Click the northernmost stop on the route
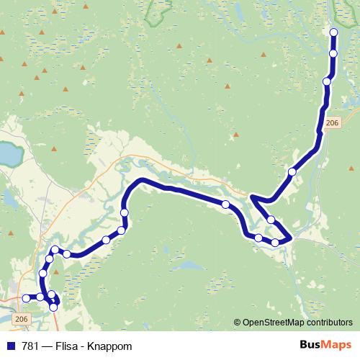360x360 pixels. pyautogui.click(x=333, y=32)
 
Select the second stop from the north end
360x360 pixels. pyautogui.click(x=333, y=53)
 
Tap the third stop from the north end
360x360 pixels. pyautogui.click(x=327, y=81)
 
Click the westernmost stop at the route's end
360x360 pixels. pyautogui.click(x=26, y=298)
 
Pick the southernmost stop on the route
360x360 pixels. pyautogui.click(x=53, y=307)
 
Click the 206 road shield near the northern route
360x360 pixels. pyautogui.click(x=331, y=124)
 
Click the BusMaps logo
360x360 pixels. pyautogui.click(x=325, y=345)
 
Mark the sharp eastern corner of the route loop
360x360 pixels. pyautogui.click(x=290, y=237)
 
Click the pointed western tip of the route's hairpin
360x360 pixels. pyautogui.click(x=251, y=196)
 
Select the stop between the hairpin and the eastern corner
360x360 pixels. pyautogui.click(x=271, y=219)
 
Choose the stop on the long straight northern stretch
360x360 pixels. pyautogui.click(x=225, y=204)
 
